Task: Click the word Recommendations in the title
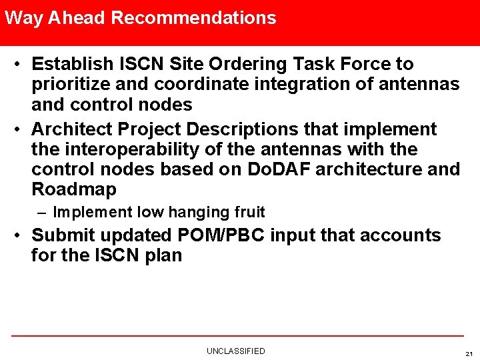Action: [x=193, y=18]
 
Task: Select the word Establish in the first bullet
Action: [x=73, y=65]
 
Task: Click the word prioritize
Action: [x=73, y=85]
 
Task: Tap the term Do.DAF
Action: [x=278, y=169]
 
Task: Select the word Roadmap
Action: [x=73, y=189]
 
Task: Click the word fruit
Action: [x=249, y=213]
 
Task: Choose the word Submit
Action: [x=63, y=235]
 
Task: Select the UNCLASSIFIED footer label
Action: [x=235, y=351]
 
